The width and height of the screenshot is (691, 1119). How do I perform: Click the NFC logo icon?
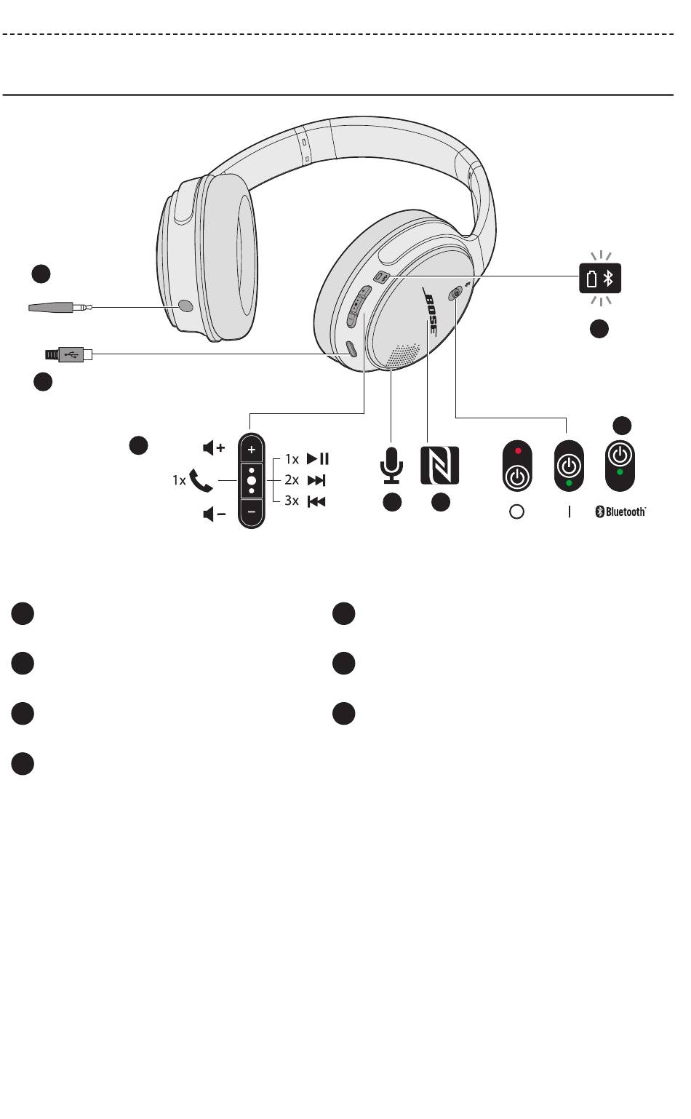(x=439, y=465)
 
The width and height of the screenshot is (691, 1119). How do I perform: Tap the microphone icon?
(x=391, y=465)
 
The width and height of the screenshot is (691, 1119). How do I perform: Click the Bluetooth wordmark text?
(x=620, y=512)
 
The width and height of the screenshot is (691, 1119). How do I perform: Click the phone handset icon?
(x=201, y=480)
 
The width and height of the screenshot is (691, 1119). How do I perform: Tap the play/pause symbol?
(x=318, y=459)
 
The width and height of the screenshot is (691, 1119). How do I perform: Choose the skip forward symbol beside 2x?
(x=317, y=480)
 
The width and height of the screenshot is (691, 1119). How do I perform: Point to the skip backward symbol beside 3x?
(x=316, y=501)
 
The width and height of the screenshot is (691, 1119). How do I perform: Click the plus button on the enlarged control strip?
(x=251, y=450)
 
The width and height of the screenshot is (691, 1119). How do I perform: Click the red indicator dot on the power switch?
(x=518, y=450)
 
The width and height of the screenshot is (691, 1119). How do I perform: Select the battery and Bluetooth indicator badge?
(x=600, y=278)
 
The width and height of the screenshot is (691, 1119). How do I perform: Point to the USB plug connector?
(x=70, y=354)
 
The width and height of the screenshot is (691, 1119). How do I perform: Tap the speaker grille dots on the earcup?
(x=405, y=355)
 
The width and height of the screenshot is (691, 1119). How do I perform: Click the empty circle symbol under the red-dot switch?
(x=517, y=512)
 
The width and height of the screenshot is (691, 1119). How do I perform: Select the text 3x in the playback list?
(x=291, y=501)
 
